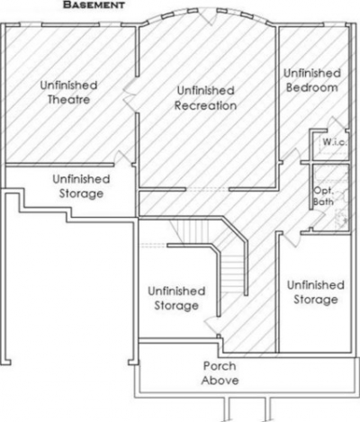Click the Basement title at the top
(x=94, y=4)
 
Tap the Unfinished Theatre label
(x=68, y=92)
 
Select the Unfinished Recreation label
(x=205, y=98)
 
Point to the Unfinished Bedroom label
(x=312, y=80)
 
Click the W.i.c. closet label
(x=335, y=141)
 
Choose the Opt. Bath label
(x=323, y=196)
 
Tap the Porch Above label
(x=220, y=373)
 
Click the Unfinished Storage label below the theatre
(x=81, y=186)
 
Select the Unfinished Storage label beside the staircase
(x=176, y=298)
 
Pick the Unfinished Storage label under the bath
(x=316, y=292)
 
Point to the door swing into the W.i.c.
(x=334, y=123)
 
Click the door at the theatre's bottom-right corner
(x=123, y=157)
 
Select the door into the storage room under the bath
(x=291, y=239)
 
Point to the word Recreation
(x=205, y=105)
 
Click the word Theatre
(x=68, y=100)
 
